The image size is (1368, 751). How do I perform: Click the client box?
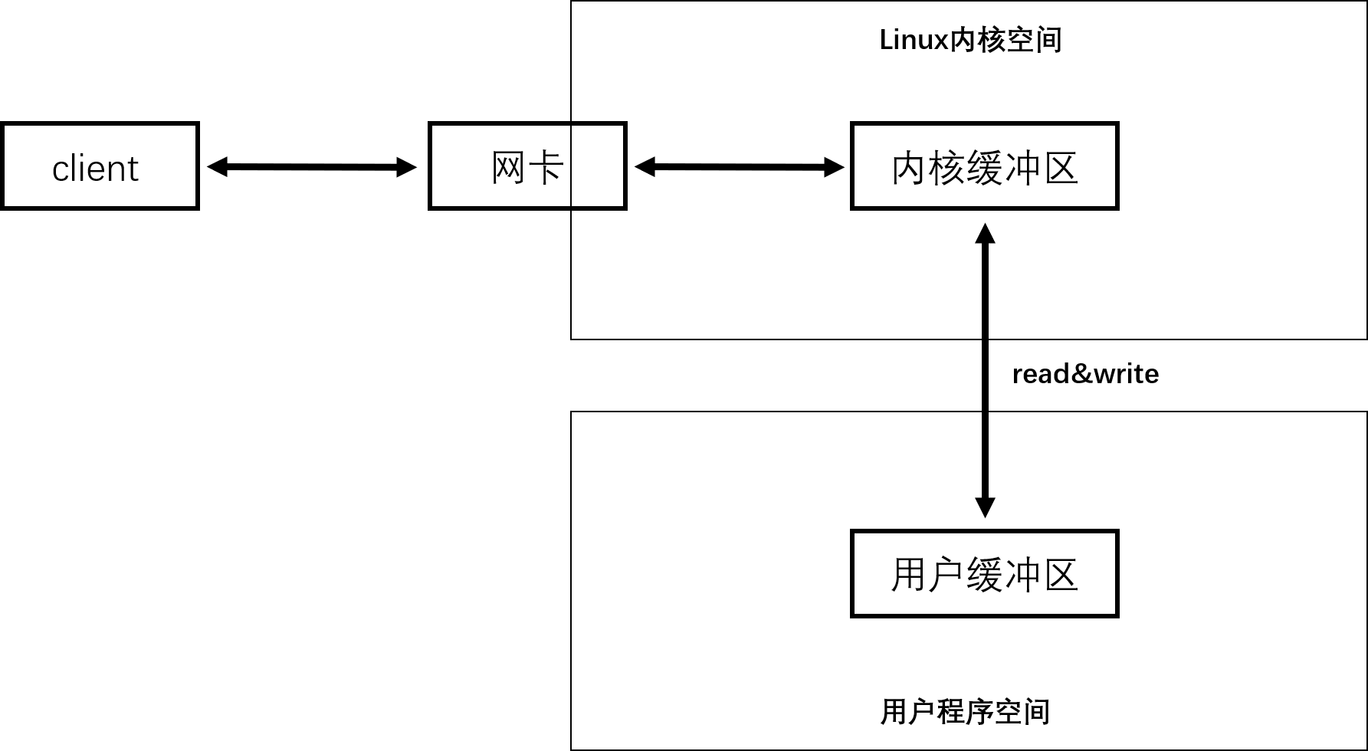(100, 166)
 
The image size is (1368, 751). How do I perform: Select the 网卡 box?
(501, 166)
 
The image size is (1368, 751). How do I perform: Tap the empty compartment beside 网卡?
(597, 166)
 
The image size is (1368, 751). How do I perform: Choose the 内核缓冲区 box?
(984, 166)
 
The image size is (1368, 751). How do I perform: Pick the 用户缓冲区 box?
(984, 573)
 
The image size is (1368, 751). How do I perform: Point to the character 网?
(508, 167)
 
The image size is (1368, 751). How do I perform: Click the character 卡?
(546, 167)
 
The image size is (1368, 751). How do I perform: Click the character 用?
(909, 575)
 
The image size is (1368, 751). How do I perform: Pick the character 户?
(946, 575)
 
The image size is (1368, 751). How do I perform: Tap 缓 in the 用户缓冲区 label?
(985, 575)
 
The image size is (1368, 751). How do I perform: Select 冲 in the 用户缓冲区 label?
(1022, 575)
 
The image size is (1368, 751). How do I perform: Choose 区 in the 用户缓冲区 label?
(1060, 575)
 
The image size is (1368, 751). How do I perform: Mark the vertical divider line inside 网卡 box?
(571, 166)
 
